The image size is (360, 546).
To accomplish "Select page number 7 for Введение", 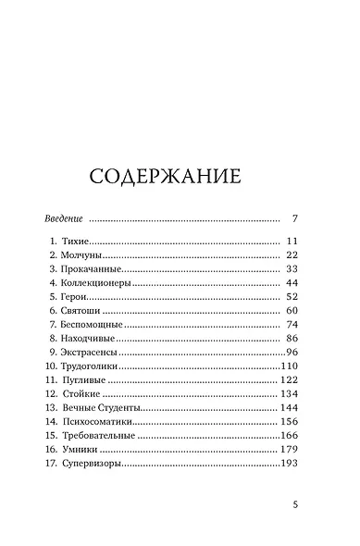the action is [293, 219].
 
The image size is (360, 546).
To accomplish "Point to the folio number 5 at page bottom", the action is [294, 505].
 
